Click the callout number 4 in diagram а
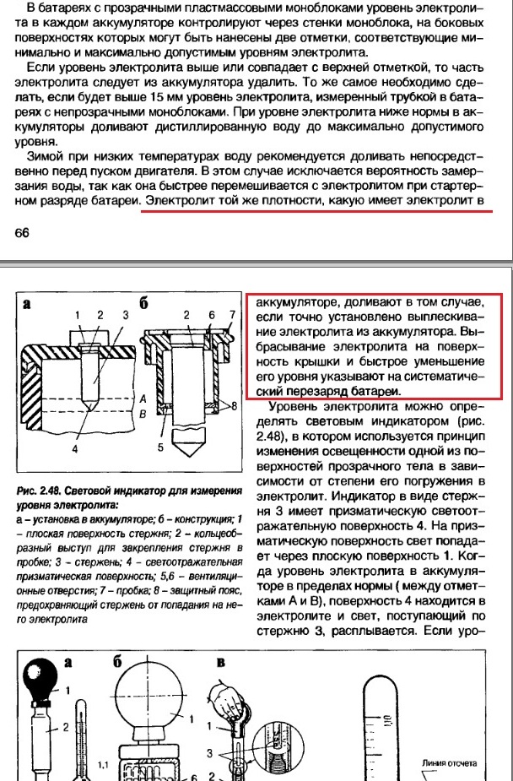pyautogui.click(x=74, y=448)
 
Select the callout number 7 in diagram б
pyautogui.click(x=233, y=315)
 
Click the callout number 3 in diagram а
pyautogui.click(x=124, y=315)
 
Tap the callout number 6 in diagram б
pyautogui.click(x=213, y=315)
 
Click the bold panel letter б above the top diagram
pyautogui.click(x=145, y=305)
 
